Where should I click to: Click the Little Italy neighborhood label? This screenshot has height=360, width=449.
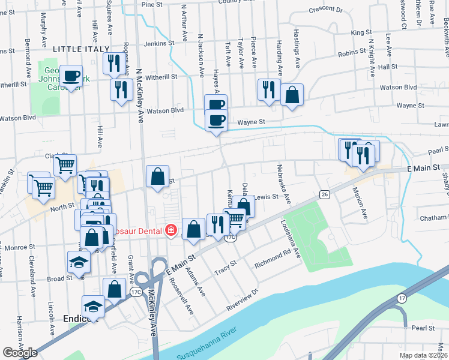click(81, 49)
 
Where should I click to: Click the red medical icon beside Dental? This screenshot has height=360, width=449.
click(171, 229)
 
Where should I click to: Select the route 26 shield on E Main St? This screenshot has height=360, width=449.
click(325, 194)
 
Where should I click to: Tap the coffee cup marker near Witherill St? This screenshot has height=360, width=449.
click(71, 76)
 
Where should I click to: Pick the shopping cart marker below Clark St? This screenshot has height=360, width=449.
click(65, 164)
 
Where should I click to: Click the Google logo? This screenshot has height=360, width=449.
click(20, 353)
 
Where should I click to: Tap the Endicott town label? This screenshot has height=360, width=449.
click(80, 319)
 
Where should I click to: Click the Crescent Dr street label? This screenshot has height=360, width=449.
click(325, 10)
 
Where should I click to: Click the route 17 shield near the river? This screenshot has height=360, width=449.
click(402, 298)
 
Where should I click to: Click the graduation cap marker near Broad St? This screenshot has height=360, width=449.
click(78, 263)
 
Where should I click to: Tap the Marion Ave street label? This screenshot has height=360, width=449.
click(360, 203)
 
